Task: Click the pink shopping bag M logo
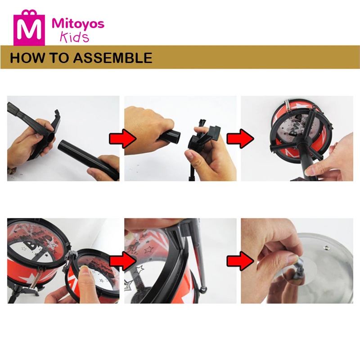[x=29, y=27]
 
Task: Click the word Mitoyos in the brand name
[x=78, y=24]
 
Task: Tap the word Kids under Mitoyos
[x=74, y=37]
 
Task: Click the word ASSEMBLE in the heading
[x=112, y=58]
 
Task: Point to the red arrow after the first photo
[x=122, y=138]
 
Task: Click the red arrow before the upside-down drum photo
[x=240, y=138]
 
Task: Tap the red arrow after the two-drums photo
[x=122, y=261]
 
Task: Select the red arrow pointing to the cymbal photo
[x=240, y=261]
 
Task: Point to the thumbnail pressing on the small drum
[x=85, y=270]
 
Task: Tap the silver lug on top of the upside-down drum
[x=288, y=106]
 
